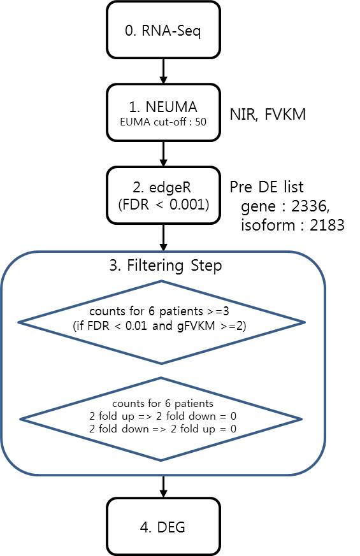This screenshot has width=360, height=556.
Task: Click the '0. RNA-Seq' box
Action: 163,30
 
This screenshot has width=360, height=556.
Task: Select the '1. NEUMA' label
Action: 163,107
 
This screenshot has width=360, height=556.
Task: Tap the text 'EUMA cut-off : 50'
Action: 163,122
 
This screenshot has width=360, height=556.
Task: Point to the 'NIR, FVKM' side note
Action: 268,115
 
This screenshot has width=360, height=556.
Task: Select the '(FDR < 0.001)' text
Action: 164,204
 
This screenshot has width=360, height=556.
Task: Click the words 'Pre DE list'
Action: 267,187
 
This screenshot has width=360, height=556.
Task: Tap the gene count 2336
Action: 310,206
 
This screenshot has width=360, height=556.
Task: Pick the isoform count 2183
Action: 327,225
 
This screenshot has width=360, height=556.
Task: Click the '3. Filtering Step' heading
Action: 165,265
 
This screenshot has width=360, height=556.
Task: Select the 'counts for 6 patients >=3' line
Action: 159,311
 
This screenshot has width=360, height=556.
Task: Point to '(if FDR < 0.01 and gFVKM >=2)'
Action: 159,325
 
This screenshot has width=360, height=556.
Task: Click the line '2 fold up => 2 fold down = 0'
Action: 163,416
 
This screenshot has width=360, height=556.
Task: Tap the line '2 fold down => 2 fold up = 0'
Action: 163,429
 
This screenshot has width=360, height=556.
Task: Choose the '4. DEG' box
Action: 163,527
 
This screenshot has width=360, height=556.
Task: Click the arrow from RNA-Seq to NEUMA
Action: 163,71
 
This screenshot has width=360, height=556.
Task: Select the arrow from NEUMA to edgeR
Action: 163,154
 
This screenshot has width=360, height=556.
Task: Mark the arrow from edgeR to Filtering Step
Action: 163,237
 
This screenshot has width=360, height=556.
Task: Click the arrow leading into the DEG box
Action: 163,487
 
